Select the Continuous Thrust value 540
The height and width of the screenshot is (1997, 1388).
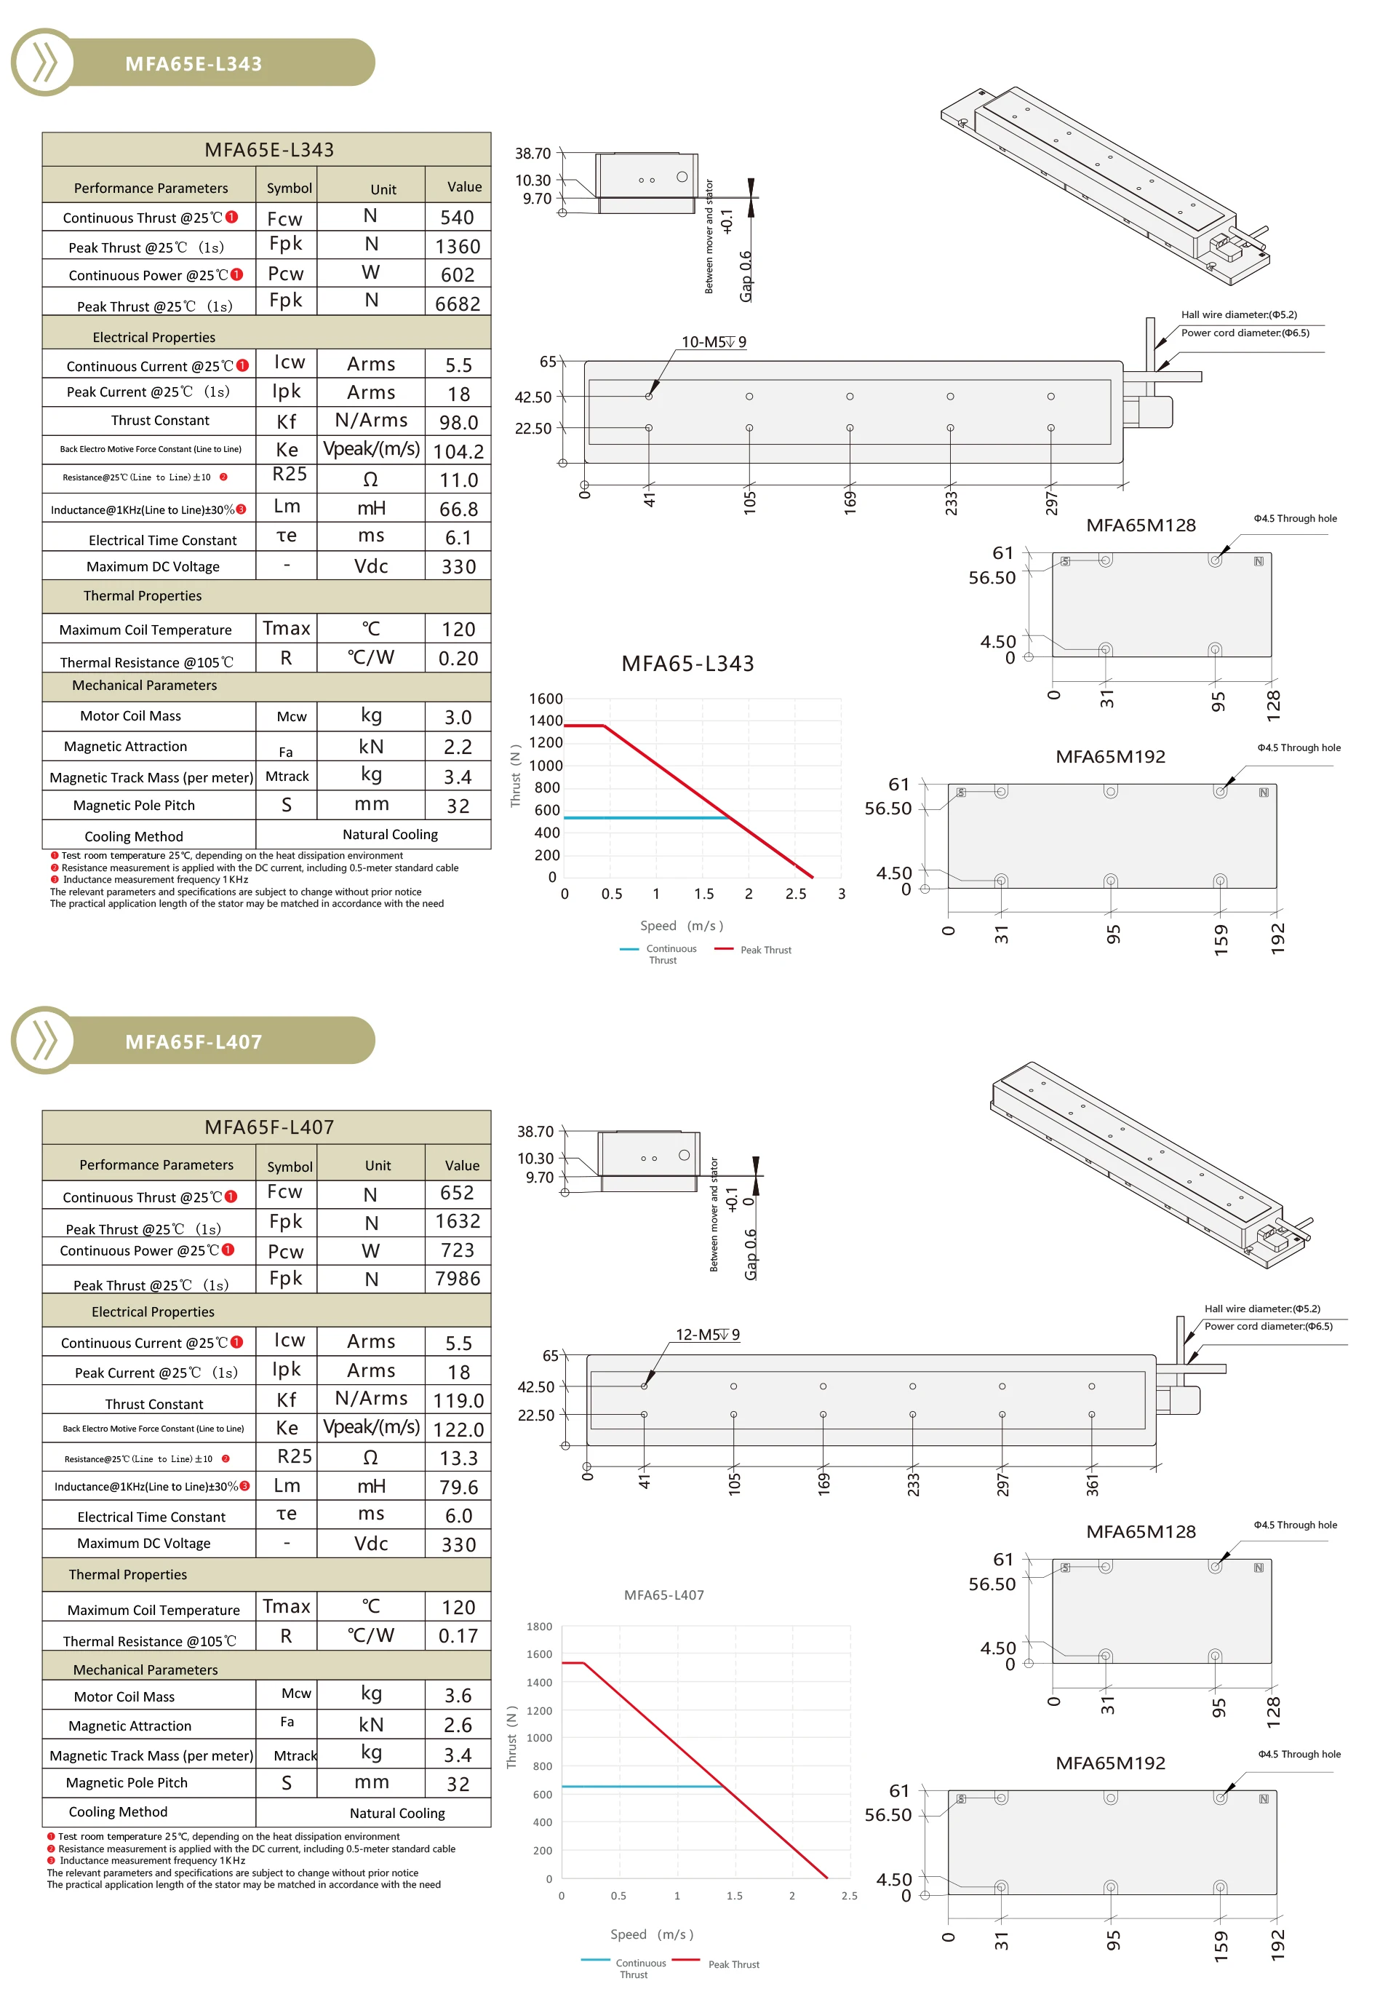coord(458,218)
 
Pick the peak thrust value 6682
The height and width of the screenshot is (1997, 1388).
coord(458,303)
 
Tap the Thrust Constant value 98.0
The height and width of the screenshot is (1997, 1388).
coord(458,423)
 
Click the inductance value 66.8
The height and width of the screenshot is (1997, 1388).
coord(458,509)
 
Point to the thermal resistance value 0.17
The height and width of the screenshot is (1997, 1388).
coord(458,1636)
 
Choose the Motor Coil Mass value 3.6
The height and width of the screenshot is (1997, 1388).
coord(458,1695)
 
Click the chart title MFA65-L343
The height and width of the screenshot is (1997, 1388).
coord(687,664)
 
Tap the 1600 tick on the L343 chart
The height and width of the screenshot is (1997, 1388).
coord(546,699)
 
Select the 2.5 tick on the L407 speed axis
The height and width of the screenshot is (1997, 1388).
coord(849,1895)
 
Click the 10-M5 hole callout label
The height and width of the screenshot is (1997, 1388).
coord(713,342)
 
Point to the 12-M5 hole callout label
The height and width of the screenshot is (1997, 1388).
coord(708,1334)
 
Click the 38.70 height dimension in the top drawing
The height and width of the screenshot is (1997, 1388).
coord(533,153)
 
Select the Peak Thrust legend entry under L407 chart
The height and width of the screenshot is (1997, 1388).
coord(733,1964)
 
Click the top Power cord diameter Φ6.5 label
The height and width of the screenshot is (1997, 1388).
coord(1245,333)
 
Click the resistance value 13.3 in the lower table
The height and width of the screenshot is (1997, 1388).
coord(458,1458)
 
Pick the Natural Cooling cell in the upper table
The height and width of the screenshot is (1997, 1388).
coord(390,834)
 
